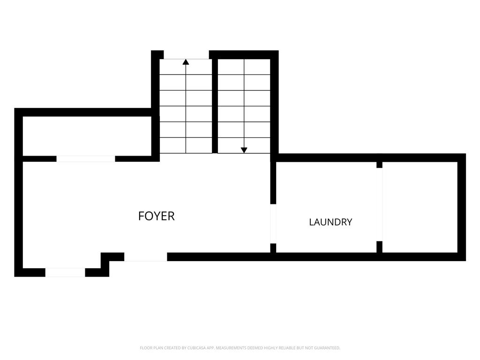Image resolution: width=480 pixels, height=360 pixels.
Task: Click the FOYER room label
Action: click(157, 216)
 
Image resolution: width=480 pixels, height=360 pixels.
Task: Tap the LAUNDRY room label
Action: click(330, 222)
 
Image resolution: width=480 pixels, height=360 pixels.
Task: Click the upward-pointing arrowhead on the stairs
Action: click(186, 62)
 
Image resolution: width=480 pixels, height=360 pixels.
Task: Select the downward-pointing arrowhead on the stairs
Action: click(244, 150)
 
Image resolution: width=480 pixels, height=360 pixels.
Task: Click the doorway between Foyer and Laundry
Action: click(273, 224)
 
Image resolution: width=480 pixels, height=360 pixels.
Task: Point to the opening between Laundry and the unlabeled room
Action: click(380, 204)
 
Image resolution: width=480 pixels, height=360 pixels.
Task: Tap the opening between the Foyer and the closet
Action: click(86, 158)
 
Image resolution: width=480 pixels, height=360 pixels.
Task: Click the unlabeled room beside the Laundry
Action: click(420, 207)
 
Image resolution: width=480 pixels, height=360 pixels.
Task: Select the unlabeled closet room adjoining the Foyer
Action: click(87, 136)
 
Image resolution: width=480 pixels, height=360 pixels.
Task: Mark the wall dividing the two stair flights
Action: click(215, 106)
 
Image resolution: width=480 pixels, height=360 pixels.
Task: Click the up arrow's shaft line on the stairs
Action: click(186, 109)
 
